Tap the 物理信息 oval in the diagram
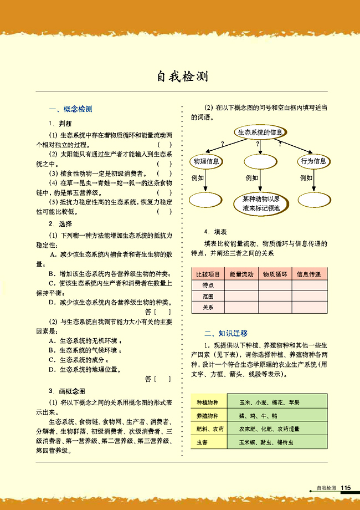click(x=205, y=161)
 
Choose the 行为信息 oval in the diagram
click(x=313, y=161)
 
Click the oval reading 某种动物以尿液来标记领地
click(x=260, y=204)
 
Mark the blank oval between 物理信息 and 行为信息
click(x=260, y=161)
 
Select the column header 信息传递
click(x=309, y=274)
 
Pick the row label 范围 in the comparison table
click(x=208, y=296)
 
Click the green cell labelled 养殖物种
click(x=208, y=415)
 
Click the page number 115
click(x=346, y=487)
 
